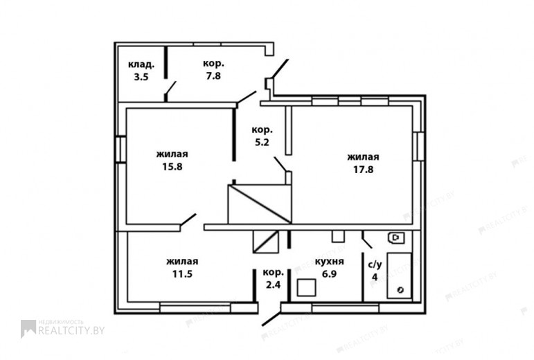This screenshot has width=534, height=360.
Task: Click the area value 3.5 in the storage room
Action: coord(141,77)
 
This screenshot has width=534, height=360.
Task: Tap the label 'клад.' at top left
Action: coord(141,64)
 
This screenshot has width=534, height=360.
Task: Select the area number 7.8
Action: coord(213,76)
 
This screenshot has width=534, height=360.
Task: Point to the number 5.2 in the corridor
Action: coord(262,142)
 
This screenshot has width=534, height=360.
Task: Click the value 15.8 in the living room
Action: coord(172,167)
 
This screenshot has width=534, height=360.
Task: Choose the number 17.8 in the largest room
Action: coord(364,169)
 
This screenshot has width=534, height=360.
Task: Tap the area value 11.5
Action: coord(183,273)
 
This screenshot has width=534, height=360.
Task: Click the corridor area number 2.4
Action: coord(273,285)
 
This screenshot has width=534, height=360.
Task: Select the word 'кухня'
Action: coord(329,261)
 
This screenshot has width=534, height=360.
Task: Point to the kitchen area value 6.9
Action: coord(329,273)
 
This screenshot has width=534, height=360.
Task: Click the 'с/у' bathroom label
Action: coord(375,264)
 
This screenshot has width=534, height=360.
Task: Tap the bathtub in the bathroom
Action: coord(400,276)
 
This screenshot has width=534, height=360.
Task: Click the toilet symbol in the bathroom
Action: coord(395,238)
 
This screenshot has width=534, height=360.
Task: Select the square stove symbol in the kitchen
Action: coord(307,288)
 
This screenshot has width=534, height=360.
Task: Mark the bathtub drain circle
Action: coord(400,290)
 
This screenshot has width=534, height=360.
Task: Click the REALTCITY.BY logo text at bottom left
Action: coord(71,330)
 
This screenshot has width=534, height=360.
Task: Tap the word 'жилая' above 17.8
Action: coord(364,157)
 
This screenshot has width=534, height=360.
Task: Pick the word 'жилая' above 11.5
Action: coord(183,261)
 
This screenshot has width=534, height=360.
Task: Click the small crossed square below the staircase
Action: coord(266,242)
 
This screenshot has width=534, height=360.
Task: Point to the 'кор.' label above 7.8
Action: coord(213,64)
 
